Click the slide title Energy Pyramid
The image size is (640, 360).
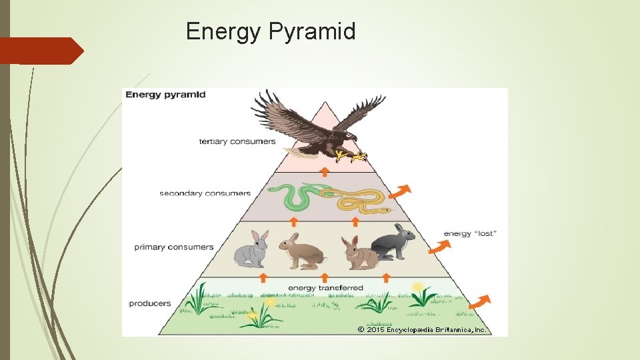click(271, 31)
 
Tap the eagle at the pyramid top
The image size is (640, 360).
click(313, 127)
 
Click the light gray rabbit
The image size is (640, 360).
click(252, 250)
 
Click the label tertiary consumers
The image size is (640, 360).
click(237, 141)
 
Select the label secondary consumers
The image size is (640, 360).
click(205, 194)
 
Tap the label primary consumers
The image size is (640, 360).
click(174, 247)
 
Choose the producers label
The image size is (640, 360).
click(150, 303)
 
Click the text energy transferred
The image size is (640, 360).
click(325, 288)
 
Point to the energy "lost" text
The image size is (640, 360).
click(470, 233)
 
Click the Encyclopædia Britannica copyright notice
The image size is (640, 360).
click(421, 329)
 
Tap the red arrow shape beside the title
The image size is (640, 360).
click(41, 51)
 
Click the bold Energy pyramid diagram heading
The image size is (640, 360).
click(165, 95)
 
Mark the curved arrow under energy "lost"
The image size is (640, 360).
click(439, 247)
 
